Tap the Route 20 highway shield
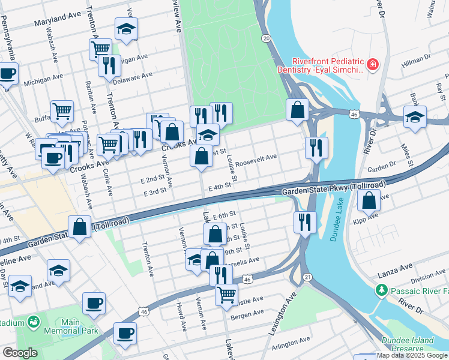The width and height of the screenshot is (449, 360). coord(266,38)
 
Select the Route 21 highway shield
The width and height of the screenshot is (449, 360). coord(307,277)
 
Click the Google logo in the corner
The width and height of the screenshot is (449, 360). coord(19,353)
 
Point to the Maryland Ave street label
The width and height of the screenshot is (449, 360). coord(57,22)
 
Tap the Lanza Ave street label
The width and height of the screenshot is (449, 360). coord(395,266)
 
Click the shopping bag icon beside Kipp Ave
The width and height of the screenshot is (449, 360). coord(369,200)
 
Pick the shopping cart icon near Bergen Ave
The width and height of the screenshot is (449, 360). coord(226,294)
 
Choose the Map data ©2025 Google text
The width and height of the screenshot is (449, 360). coord(412,355)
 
